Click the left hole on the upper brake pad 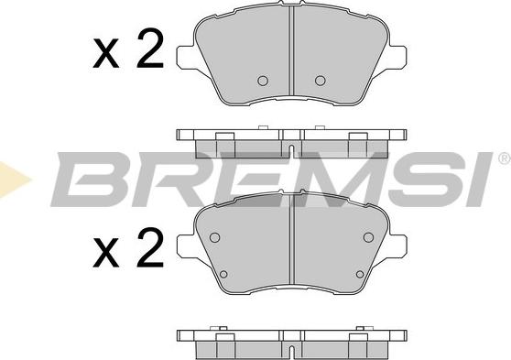[x=263, y=81]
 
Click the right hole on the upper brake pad [x=320, y=81]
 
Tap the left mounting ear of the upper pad [x=187, y=58]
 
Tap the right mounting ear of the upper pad [x=397, y=58]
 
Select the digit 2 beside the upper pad [x=149, y=49]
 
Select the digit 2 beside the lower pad [x=149, y=248]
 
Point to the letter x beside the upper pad [x=105, y=53]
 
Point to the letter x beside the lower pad [x=105, y=253]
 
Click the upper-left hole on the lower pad [x=214, y=237]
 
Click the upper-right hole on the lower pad [x=368, y=237]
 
